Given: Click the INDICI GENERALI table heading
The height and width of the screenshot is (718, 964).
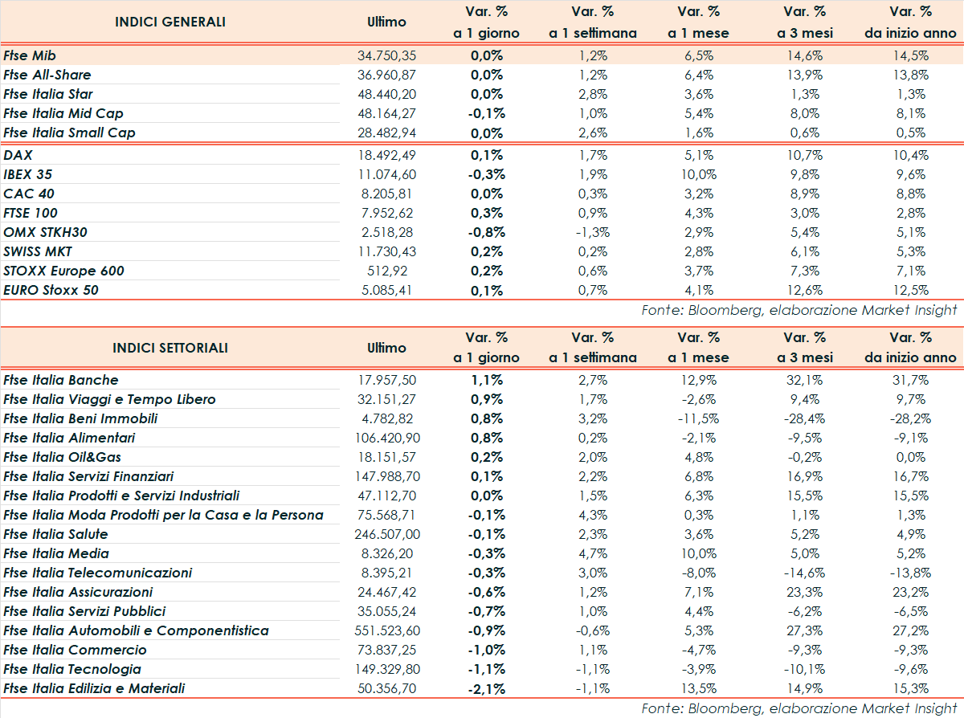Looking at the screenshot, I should click(170, 22).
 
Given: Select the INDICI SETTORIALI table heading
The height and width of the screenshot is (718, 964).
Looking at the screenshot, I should click(170, 348).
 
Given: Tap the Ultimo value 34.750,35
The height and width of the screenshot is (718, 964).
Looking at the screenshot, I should click(387, 55).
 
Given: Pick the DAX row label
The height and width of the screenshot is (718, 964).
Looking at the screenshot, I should click(18, 155).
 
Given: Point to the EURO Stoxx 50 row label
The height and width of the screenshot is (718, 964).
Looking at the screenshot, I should click(51, 290).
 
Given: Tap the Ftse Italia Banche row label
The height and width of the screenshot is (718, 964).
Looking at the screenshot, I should click(61, 380).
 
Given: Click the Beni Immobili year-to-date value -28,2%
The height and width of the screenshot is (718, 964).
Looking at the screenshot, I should click(909, 418).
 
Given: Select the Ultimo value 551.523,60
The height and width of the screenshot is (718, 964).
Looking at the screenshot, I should click(387, 630).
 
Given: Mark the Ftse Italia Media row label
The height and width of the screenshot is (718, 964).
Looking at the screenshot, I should click(56, 553).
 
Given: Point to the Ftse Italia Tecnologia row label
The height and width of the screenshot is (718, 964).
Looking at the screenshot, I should click(72, 669).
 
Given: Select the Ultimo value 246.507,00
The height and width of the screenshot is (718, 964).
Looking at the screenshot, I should click(387, 534).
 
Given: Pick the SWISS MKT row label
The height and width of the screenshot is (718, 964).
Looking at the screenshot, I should click(38, 251).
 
